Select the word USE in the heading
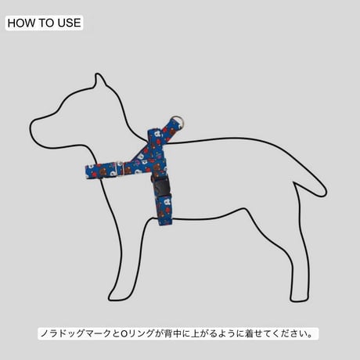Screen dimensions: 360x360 coord(69,23)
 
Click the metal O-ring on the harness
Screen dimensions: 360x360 coord(178,121)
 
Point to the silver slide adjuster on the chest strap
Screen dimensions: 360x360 coord(120,169)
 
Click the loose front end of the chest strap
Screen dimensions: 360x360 coord(87,172)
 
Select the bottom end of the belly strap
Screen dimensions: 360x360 coord(165,221)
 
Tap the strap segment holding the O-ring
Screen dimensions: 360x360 coord(170,130)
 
